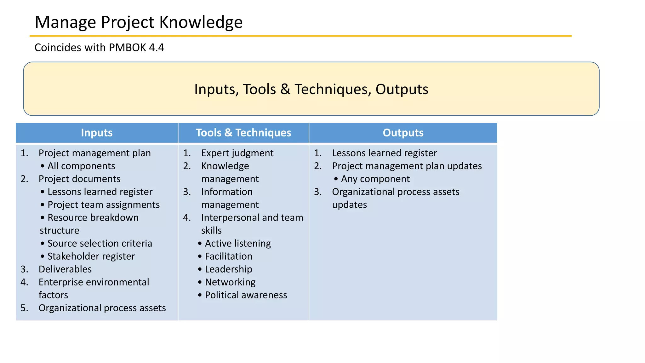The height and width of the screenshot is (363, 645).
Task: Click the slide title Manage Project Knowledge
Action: tap(139, 22)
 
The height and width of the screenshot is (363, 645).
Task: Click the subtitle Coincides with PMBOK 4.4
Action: tap(99, 48)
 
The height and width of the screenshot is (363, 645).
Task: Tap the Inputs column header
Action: tap(97, 133)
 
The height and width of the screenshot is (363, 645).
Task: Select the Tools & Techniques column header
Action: tap(243, 133)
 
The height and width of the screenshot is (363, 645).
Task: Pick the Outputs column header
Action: tap(403, 133)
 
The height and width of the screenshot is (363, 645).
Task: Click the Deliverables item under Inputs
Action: tap(65, 269)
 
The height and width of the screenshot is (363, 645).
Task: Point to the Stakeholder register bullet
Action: tap(91, 256)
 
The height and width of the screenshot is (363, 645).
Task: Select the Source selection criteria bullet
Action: tap(100, 243)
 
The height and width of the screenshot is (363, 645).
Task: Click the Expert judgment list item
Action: tap(237, 153)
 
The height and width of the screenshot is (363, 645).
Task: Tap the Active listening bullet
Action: tap(238, 243)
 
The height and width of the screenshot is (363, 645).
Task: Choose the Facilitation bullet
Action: tap(228, 256)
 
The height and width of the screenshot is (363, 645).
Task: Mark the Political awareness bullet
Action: tap(246, 295)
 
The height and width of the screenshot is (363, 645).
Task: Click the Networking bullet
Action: tap(230, 282)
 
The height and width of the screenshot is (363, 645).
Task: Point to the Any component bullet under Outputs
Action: tap(375, 179)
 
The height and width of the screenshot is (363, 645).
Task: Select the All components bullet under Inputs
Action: tap(81, 166)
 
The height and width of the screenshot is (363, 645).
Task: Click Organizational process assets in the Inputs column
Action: tap(102, 308)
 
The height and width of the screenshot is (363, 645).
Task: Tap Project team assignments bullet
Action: tap(103, 205)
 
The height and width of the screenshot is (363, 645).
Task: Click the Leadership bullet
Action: tap(228, 269)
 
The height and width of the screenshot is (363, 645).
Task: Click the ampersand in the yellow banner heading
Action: tap(285, 89)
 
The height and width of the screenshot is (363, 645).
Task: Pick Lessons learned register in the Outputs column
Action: tap(384, 153)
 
